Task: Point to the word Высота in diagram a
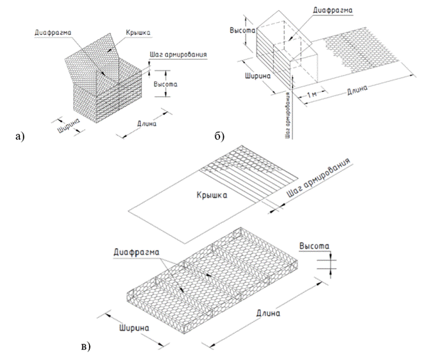coord(167,84)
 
